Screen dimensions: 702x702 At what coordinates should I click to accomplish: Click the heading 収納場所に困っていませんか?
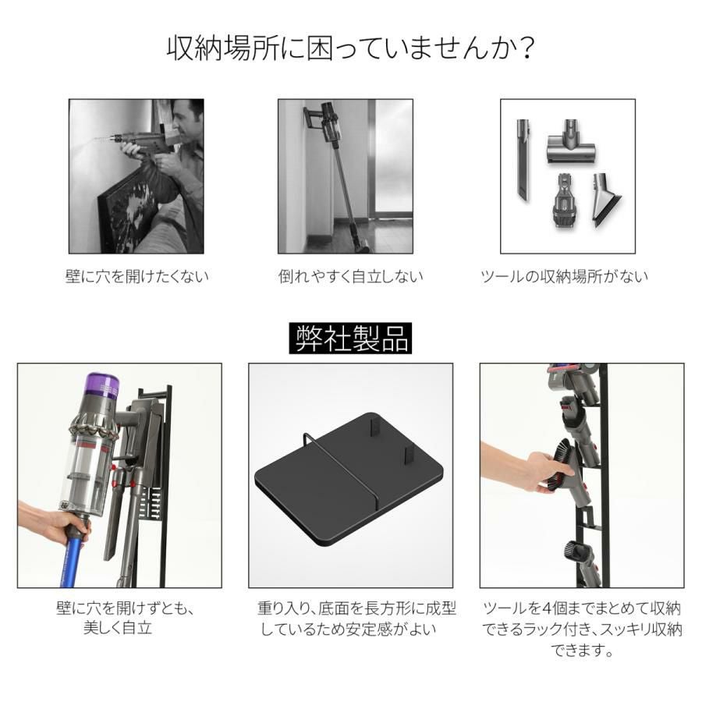click(x=350, y=48)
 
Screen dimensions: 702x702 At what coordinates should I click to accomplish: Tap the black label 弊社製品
click(x=350, y=338)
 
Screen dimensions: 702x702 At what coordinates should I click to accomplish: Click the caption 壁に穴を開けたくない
click(x=137, y=276)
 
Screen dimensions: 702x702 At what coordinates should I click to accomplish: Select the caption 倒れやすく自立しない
click(x=350, y=276)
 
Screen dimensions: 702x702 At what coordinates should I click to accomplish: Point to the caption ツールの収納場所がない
click(x=564, y=276)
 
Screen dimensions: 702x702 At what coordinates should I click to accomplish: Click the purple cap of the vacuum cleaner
click(x=103, y=385)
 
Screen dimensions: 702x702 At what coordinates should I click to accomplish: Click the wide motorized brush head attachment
click(x=571, y=143)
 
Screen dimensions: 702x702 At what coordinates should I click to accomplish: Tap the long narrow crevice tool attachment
click(x=523, y=159)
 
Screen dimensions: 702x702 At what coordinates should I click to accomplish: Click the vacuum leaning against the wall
click(x=338, y=175)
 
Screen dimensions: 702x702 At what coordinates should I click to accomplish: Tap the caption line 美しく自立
click(x=117, y=628)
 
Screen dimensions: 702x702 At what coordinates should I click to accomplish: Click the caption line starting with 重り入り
click(x=356, y=608)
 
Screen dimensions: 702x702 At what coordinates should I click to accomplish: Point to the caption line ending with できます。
click(x=582, y=650)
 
